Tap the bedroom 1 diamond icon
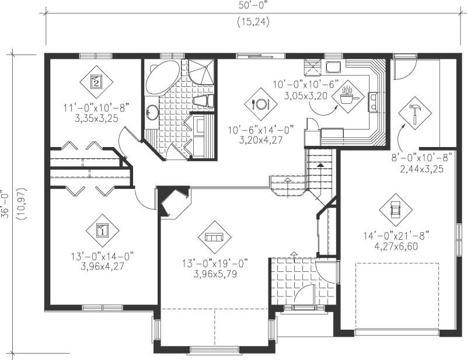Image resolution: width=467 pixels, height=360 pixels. [x=102, y=229]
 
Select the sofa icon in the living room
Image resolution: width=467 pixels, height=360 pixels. [x=214, y=236]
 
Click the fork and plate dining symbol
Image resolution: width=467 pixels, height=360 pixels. [x=260, y=104]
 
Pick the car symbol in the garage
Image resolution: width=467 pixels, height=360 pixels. [x=395, y=209]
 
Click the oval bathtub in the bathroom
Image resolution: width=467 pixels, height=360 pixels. [x=162, y=78]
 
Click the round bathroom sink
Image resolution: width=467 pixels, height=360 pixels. [x=152, y=111]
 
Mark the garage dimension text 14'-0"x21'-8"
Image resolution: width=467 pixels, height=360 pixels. [x=396, y=236]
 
